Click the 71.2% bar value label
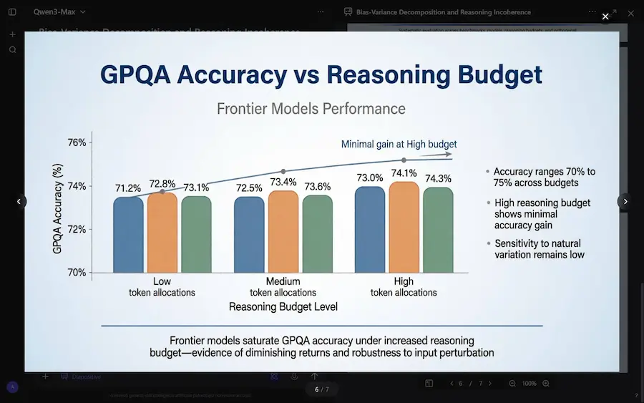coord(128,188)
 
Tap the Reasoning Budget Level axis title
coord(283,306)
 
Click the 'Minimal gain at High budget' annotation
coord(399,144)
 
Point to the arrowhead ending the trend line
coord(448,154)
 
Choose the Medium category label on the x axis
coord(283,281)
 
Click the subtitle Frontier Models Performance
coord(311,109)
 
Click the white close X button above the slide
coord(605,16)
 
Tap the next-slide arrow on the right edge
coord(625,202)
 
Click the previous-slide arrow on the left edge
coord(19,202)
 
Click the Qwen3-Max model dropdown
coord(59,11)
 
